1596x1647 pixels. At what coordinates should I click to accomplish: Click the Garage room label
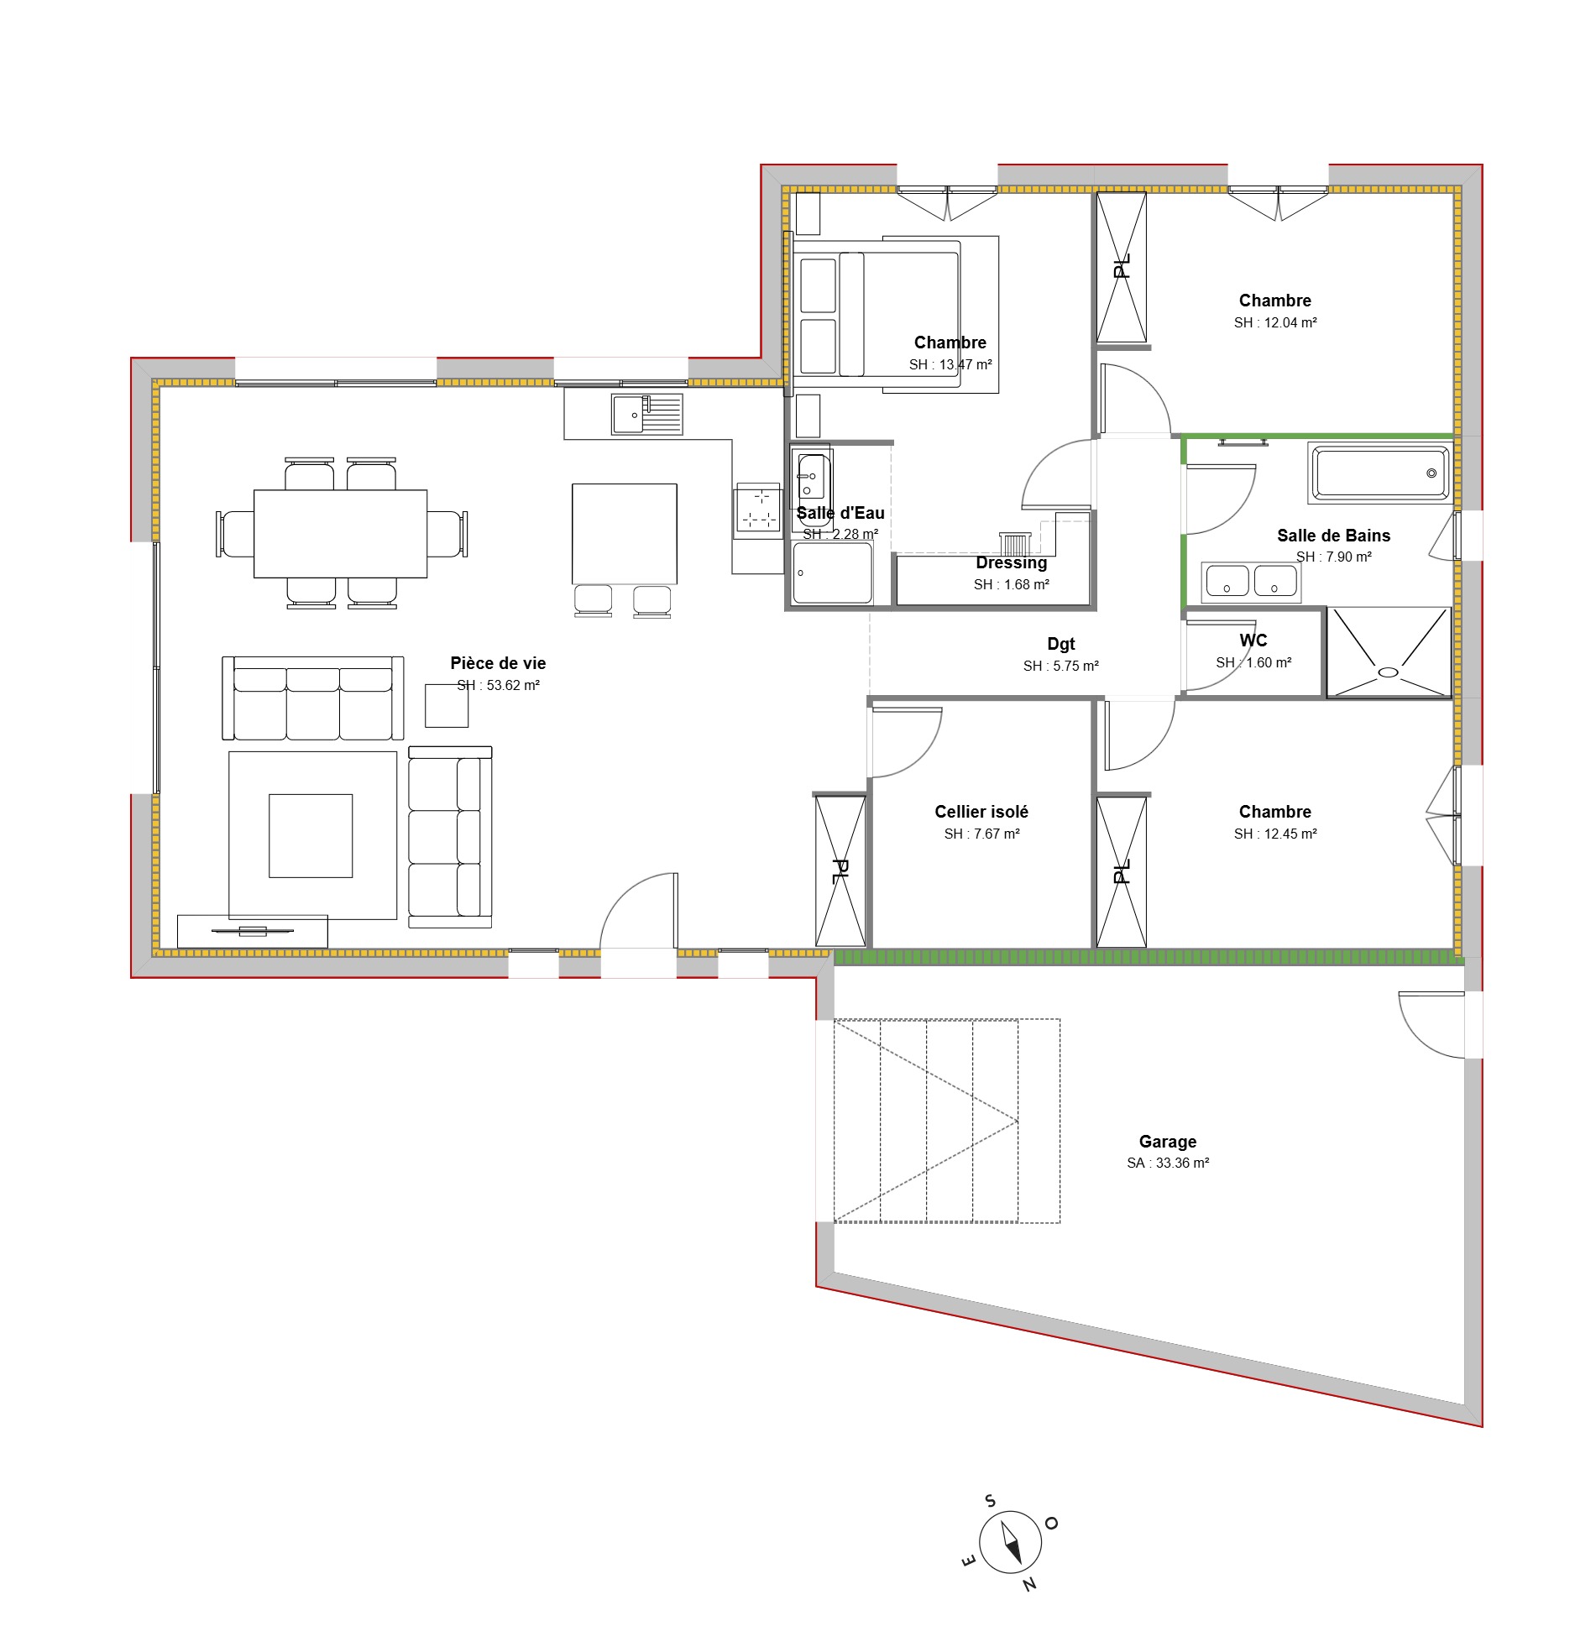[1167, 1141]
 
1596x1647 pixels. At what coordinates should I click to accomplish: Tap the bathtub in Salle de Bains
[1379, 473]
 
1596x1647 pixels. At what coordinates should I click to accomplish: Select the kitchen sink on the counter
[646, 415]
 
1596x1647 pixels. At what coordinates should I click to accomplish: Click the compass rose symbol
[1010, 1543]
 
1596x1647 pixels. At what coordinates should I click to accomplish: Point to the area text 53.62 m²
[499, 685]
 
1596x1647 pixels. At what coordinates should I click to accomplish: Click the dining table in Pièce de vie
[340, 534]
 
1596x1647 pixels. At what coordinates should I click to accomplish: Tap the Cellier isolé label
[981, 812]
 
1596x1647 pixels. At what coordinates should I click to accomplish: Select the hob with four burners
[758, 509]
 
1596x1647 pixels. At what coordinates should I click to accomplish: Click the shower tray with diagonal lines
[1389, 653]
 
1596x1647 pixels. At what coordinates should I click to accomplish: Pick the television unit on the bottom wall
[252, 931]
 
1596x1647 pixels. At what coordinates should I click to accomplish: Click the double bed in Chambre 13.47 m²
[878, 312]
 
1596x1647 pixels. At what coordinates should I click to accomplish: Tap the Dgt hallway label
[1060, 644]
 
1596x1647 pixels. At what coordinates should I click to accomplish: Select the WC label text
[1253, 640]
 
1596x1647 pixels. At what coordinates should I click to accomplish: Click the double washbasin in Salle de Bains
[1251, 581]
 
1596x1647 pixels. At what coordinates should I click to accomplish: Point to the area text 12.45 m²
[1275, 834]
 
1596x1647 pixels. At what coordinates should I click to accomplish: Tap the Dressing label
[1011, 563]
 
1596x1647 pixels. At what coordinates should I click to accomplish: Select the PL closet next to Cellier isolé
[840, 871]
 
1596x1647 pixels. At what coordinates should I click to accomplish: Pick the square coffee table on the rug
[310, 835]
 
